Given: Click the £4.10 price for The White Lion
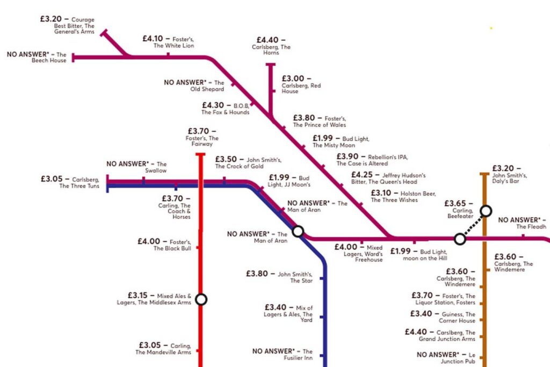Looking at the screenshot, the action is click(153, 38).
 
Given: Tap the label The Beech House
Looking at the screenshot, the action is click(49, 57).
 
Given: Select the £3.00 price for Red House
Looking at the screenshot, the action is click(293, 78).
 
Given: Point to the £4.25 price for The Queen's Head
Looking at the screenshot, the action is click(362, 175).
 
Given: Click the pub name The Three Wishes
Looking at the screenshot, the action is click(394, 200).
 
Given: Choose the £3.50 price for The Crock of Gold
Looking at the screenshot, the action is click(226, 159).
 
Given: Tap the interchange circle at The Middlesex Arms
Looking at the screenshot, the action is click(201, 299).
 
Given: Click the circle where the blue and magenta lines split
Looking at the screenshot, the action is click(298, 231).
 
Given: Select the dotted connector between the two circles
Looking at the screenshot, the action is click(473, 225).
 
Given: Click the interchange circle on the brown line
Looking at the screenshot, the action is click(486, 211).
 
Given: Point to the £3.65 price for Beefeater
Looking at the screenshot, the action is click(455, 203).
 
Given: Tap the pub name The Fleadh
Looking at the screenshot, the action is click(531, 227).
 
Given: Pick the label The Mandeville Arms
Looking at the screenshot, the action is click(163, 352).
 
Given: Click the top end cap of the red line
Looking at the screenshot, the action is click(200, 154).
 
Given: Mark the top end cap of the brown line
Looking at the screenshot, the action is click(484, 174).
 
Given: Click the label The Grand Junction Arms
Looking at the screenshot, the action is click(447, 335).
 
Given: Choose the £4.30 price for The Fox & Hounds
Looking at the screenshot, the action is click(213, 105).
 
